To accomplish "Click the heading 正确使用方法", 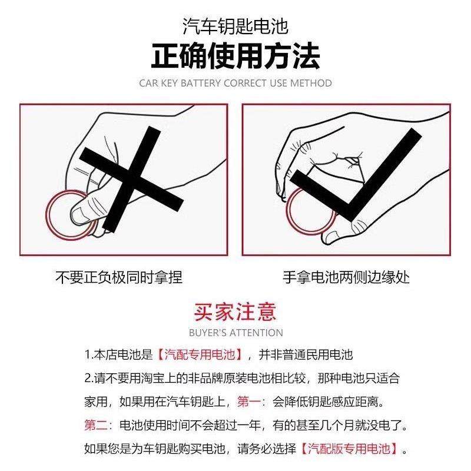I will coord(235,57).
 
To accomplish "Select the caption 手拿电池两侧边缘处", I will coord(346,277).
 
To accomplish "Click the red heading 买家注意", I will coord(235,311).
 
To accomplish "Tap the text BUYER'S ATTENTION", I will coord(235,333).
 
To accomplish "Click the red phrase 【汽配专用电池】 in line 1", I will coord(200,355).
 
